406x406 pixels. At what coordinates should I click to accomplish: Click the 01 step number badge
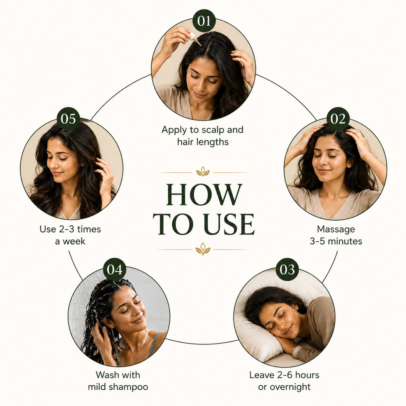click(204, 21)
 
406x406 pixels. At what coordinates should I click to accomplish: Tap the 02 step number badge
click(338, 119)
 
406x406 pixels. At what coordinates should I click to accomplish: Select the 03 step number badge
click(287, 269)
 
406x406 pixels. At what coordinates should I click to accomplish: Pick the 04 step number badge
click(114, 269)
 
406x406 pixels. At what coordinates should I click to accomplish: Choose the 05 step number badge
click(68, 119)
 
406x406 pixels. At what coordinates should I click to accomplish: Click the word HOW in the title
click(204, 195)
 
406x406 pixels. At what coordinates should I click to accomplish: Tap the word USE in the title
click(229, 224)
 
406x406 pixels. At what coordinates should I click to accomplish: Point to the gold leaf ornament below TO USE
click(203, 249)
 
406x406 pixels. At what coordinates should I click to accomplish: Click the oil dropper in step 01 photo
click(195, 39)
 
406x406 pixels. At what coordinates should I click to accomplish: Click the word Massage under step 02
click(336, 229)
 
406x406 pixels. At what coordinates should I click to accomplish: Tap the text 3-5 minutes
click(336, 242)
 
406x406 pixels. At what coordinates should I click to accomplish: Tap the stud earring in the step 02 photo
click(350, 166)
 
